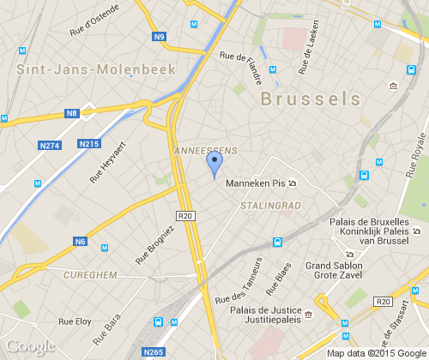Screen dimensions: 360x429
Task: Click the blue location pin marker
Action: click(x=214, y=163)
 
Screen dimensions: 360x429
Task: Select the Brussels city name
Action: click(x=310, y=99)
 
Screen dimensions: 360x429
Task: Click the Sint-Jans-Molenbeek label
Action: click(x=95, y=69)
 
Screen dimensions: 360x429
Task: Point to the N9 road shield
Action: click(x=160, y=37)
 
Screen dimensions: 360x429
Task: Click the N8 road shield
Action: click(x=72, y=113)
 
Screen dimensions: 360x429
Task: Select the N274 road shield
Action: click(x=51, y=145)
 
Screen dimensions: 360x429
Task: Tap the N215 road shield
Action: click(x=88, y=143)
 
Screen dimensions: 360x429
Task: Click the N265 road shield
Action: click(x=154, y=351)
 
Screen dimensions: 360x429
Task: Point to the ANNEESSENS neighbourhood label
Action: click(x=205, y=150)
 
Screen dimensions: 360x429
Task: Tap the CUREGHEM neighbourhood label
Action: click(x=91, y=274)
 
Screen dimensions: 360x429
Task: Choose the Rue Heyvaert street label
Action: click(x=107, y=164)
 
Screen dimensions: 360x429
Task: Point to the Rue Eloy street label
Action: click(x=74, y=322)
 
